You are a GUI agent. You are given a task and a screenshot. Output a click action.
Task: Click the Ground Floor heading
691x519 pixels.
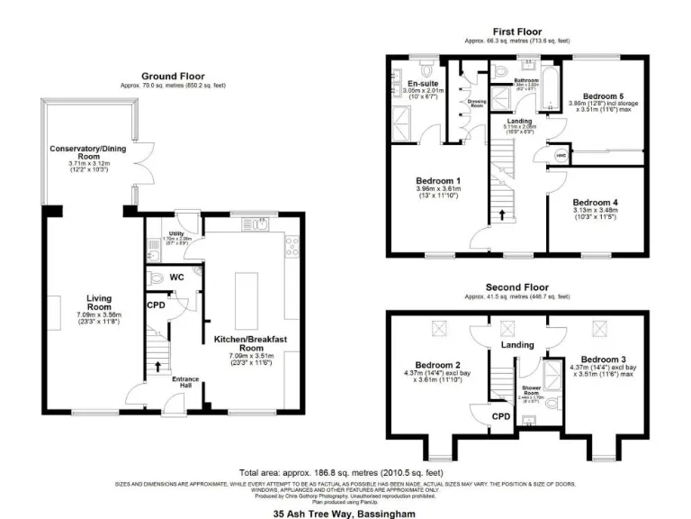click(x=173, y=77)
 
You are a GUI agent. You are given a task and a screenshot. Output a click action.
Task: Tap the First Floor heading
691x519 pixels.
click(x=516, y=31)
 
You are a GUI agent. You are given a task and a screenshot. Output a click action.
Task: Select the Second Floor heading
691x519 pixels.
click(x=516, y=287)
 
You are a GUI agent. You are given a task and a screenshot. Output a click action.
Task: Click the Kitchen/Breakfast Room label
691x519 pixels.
click(x=250, y=343)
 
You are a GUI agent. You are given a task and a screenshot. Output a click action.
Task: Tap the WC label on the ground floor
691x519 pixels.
click(x=176, y=278)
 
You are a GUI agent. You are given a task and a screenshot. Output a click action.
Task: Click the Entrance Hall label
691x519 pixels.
click(x=183, y=382)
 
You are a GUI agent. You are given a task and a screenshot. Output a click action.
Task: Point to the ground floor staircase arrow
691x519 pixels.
click(x=158, y=367)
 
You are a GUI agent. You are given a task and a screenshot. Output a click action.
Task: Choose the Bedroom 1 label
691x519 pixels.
click(x=439, y=180)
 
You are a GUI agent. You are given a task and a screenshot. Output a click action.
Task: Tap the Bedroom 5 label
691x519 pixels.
click(x=602, y=96)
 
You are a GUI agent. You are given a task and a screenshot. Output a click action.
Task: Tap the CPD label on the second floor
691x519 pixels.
click(x=502, y=416)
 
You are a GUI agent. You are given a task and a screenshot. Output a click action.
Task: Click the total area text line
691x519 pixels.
click(x=341, y=472)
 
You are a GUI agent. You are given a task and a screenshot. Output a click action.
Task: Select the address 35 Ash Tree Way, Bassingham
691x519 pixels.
click(x=345, y=513)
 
